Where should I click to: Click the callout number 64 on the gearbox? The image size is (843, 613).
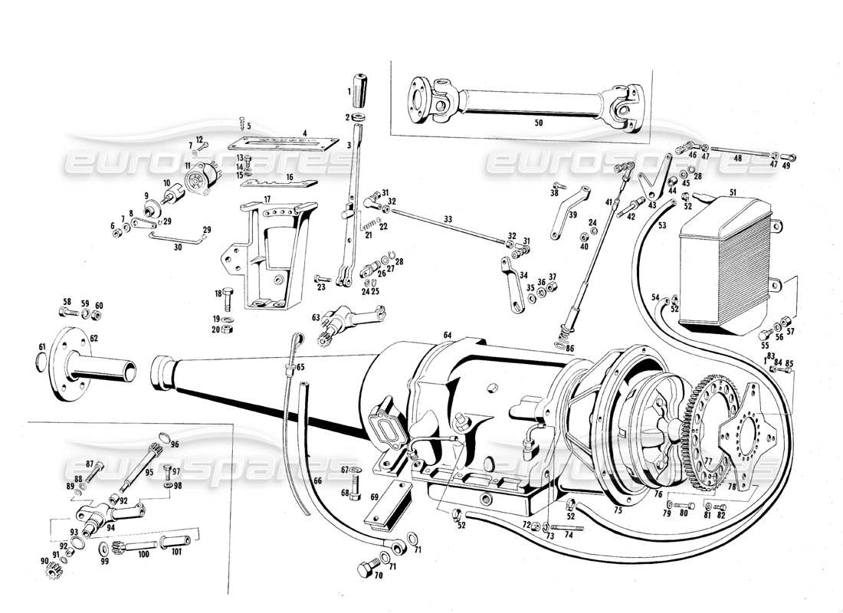click(x=448, y=334)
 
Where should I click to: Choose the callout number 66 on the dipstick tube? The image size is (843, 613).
click(x=317, y=481)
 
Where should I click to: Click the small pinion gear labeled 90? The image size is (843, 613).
click(x=54, y=571)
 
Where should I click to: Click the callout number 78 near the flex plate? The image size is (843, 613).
click(x=732, y=486)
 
